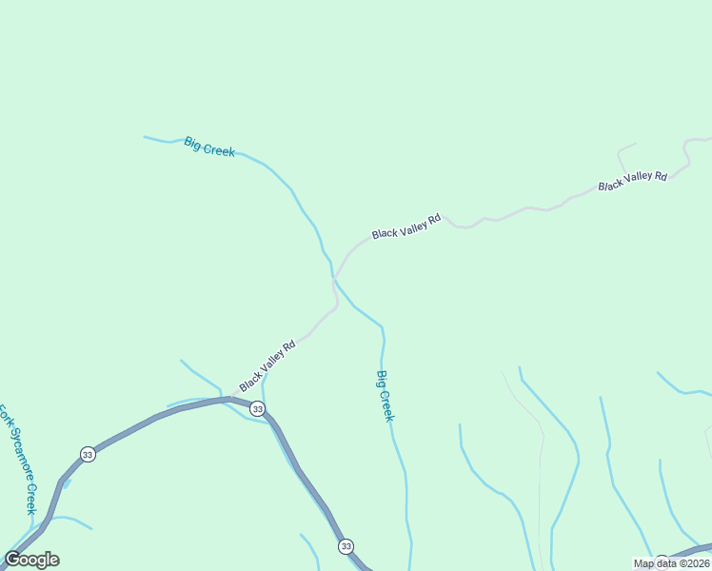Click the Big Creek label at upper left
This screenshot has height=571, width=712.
coord(209,147)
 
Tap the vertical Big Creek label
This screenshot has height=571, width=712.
coord(386,396)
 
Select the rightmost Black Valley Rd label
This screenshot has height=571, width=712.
coord(632,180)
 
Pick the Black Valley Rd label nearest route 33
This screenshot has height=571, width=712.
coord(267,365)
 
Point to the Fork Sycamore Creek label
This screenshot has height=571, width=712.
coord(17,459)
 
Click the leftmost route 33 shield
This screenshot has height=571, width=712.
coord(88,454)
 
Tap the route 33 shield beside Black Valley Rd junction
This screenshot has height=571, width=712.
coord(257,408)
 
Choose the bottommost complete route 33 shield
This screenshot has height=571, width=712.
coord(346,546)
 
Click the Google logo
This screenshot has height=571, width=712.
coord(31,560)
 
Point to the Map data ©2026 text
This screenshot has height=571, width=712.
coord(671,563)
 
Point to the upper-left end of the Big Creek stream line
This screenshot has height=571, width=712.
coord(145,137)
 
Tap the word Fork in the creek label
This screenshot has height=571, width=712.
coord(4,417)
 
